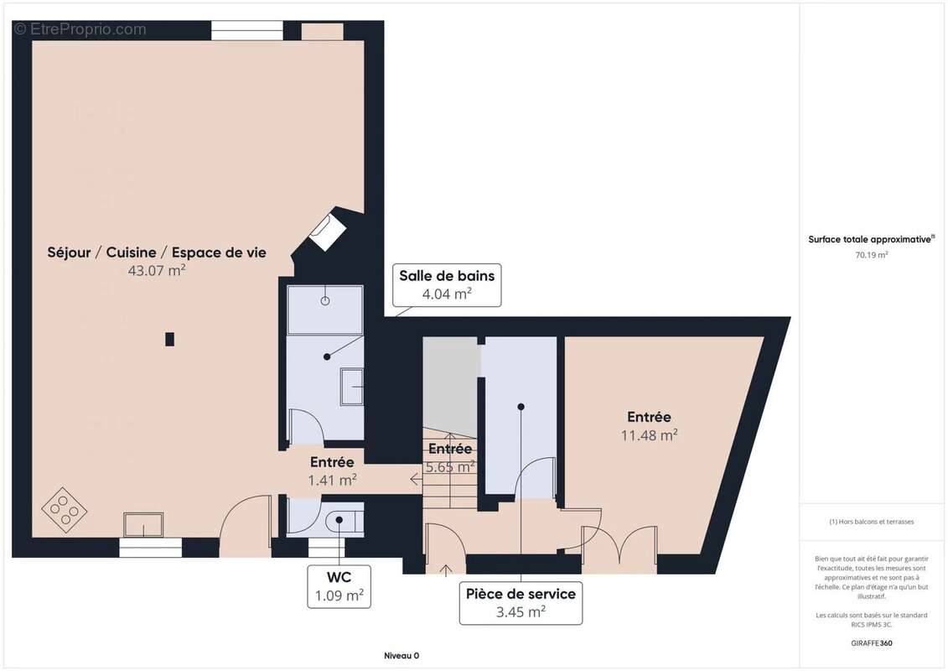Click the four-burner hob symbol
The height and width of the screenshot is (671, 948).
[64, 509]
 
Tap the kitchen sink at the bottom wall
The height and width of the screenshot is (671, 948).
[143, 524]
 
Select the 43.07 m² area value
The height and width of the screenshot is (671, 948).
[157, 270]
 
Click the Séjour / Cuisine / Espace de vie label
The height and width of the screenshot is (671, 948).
[157, 252]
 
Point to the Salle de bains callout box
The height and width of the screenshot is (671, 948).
[447, 285]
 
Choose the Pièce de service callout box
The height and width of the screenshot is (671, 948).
[521, 602]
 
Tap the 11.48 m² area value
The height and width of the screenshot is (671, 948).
[649, 435]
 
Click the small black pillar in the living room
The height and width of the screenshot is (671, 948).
[170, 340]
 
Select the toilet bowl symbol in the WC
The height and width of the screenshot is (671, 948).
[344, 520]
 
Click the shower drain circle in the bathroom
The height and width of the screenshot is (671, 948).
[325, 301]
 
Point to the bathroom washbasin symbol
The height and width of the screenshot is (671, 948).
[352, 387]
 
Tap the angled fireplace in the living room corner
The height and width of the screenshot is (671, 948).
[327, 230]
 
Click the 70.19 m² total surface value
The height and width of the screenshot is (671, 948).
[871, 255]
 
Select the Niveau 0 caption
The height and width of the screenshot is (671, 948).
[401, 656]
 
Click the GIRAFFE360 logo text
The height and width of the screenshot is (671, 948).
[871, 643]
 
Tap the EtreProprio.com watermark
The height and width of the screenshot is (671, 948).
[80, 29]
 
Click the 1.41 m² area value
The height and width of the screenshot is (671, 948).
[332, 481]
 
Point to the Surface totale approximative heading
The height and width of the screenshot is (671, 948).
[871, 239]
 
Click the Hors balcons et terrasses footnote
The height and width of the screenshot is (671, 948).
[871, 522]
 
